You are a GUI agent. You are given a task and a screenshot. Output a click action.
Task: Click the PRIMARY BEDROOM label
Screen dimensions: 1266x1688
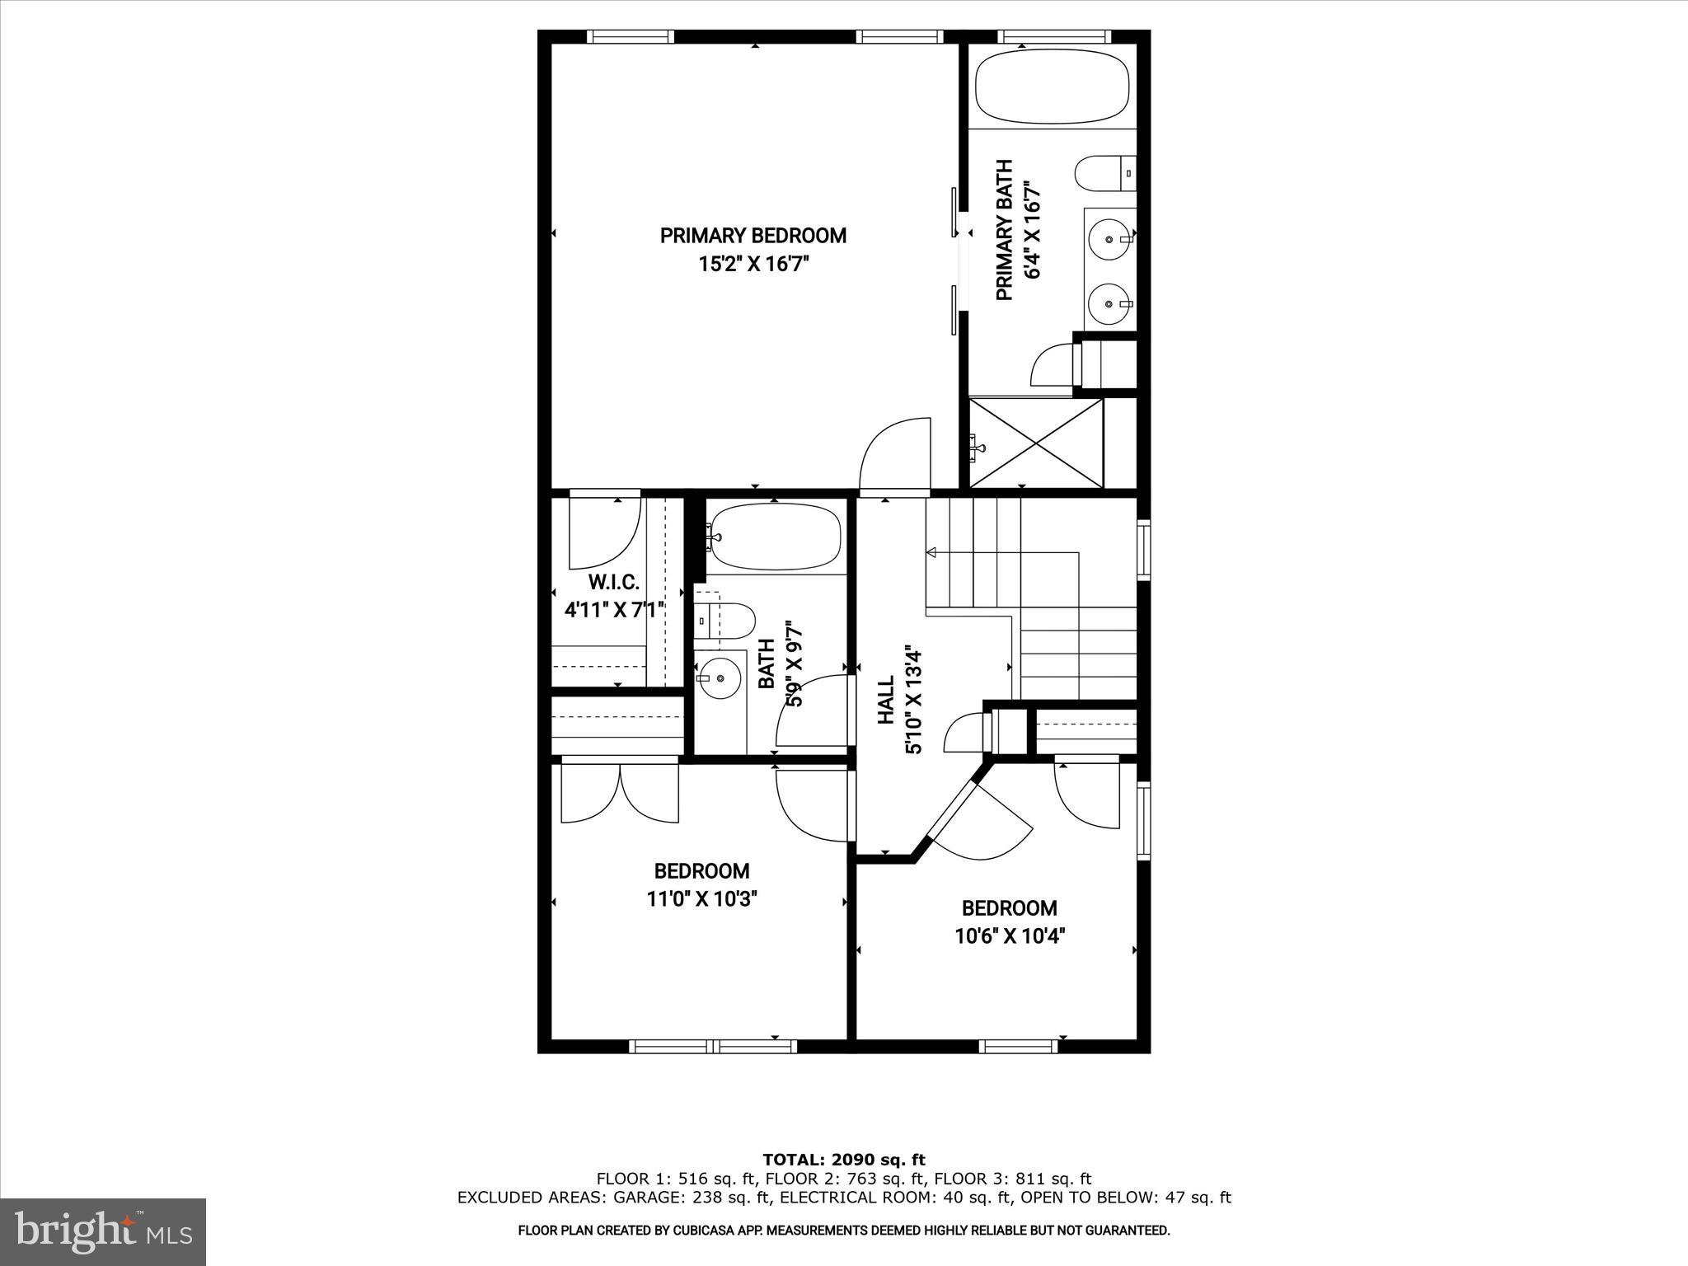(753, 236)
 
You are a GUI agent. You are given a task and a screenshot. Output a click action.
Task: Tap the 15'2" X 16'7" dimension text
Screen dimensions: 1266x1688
(753, 265)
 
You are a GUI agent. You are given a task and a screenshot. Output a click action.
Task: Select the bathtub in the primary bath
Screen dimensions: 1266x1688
(1053, 86)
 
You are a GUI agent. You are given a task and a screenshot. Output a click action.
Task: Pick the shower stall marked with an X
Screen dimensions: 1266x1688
(1036, 443)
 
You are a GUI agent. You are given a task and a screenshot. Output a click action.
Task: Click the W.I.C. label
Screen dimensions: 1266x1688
(614, 582)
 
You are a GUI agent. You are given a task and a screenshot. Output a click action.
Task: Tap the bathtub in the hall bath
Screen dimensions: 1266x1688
(775, 537)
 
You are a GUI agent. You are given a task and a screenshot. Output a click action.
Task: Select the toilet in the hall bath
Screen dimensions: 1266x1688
(725, 620)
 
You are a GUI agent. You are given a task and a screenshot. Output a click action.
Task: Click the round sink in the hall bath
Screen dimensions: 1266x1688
(720, 678)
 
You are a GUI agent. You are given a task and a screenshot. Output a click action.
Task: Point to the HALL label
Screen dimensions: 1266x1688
(885, 701)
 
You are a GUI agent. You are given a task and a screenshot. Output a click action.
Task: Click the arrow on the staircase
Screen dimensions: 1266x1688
(932, 552)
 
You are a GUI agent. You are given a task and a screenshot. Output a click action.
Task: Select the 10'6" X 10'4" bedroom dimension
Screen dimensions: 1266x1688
(1010, 936)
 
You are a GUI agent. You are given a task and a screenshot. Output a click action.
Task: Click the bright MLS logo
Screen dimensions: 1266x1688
(103, 1232)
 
